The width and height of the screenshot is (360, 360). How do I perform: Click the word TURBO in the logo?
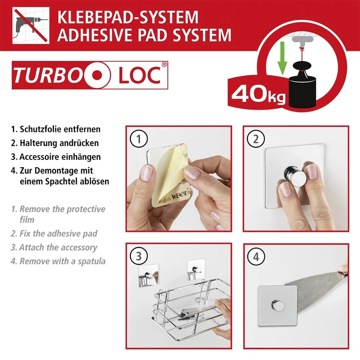[47, 75]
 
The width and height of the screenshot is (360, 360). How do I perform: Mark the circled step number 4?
[256, 256]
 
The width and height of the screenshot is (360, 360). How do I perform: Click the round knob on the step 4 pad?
[277, 306]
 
